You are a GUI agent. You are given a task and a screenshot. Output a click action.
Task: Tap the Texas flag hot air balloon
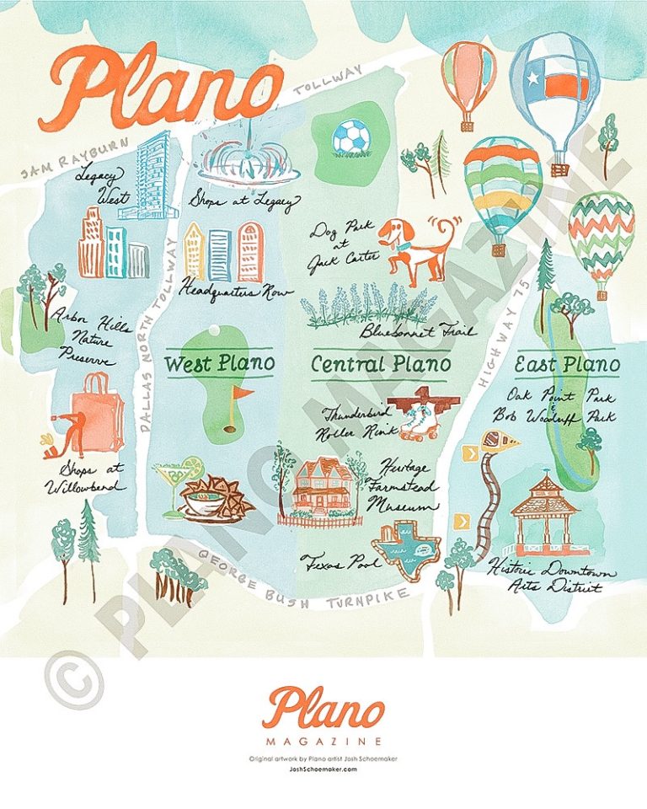click(x=554, y=84)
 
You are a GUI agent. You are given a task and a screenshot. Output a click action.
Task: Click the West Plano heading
click(x=219, y=364)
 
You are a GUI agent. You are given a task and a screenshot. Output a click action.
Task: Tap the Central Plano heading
click(x=381, y=365)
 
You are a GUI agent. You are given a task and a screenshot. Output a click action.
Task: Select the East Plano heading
click(x=567, y=366)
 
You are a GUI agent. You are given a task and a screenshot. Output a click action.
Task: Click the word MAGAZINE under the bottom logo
click(x=323, y=742)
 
